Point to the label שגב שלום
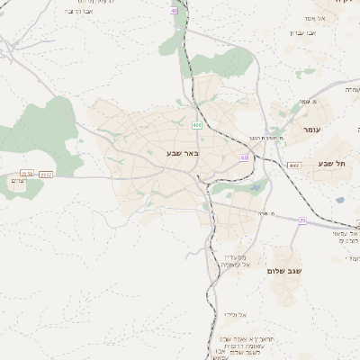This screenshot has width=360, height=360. pyautogui.click(x=289, y=270)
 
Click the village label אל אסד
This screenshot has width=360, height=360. pyautogui.click(x=339, y=18)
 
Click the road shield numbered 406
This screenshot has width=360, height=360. pyautogui.click(x=197, y=125)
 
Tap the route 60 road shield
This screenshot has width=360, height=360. pyautogui.click(x=244, y=157)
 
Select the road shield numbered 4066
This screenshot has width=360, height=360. pyautogui.click(x=293, y=166)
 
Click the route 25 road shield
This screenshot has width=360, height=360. pyautogui.click(x=303, y=219)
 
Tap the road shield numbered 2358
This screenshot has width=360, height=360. pyautogui.click(x=26, y=172)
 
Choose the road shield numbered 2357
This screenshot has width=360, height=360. pyautogui.click(x=47, y=174)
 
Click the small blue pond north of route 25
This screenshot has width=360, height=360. pyautogui.click(x=258, y=187)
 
